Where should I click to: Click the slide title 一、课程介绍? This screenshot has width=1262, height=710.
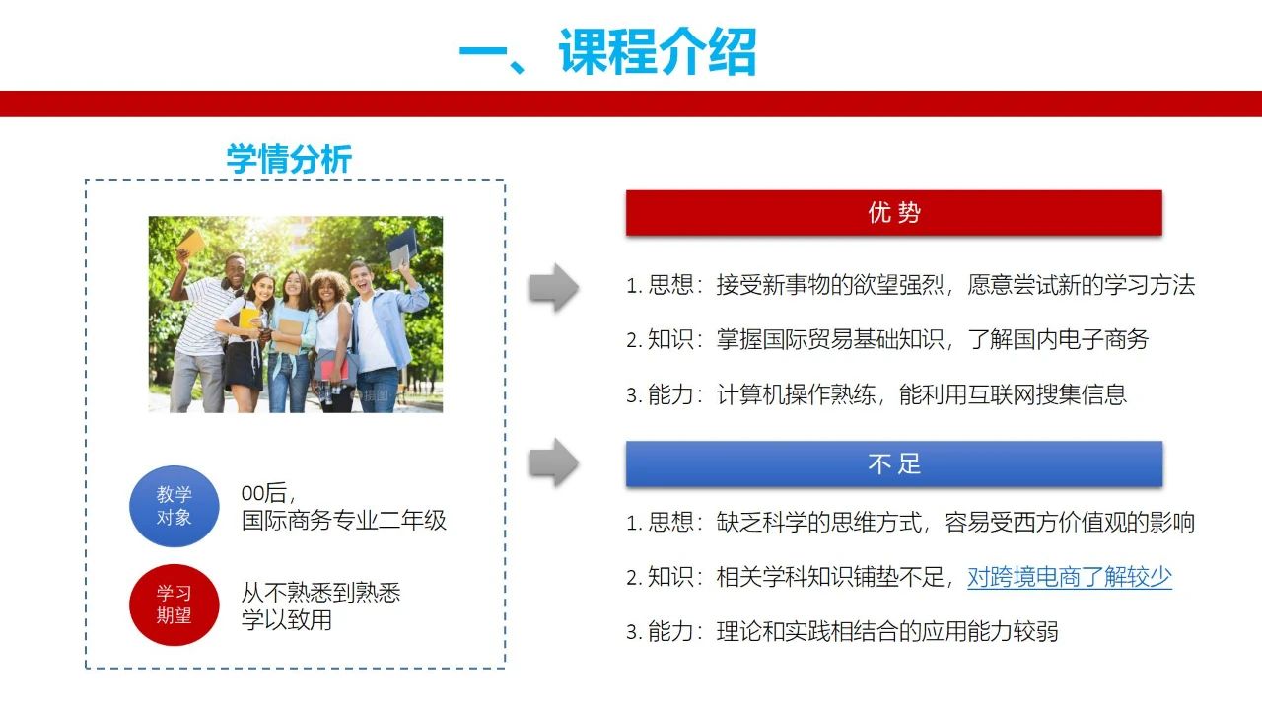point(607,51)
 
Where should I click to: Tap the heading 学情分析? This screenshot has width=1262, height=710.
point(289,159)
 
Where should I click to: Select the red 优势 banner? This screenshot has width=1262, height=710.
point(894,212)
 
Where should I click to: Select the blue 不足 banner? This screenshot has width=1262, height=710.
point(894,463)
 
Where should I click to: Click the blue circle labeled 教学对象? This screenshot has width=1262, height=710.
point(175,506)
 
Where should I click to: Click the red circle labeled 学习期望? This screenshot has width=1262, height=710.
point(175,604)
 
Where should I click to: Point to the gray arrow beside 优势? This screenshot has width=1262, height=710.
point(554,287)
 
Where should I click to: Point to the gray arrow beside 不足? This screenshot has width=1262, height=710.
point(554,462)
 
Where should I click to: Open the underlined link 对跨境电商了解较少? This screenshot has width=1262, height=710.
point(1070,577)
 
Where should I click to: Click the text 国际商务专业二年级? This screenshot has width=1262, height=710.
point(344,520)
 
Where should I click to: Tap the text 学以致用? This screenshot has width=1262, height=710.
point(287,620)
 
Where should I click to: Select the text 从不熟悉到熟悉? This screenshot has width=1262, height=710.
point(320,593)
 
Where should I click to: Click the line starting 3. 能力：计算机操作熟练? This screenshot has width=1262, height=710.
point(876,394)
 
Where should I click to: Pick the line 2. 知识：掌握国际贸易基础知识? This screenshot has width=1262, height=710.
point(887,340)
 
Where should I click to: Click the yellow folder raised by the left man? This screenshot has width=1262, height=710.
point(191,242)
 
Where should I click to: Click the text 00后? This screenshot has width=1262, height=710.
point(265,493)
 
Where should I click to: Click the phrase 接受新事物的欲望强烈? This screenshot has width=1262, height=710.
point(830,285)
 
